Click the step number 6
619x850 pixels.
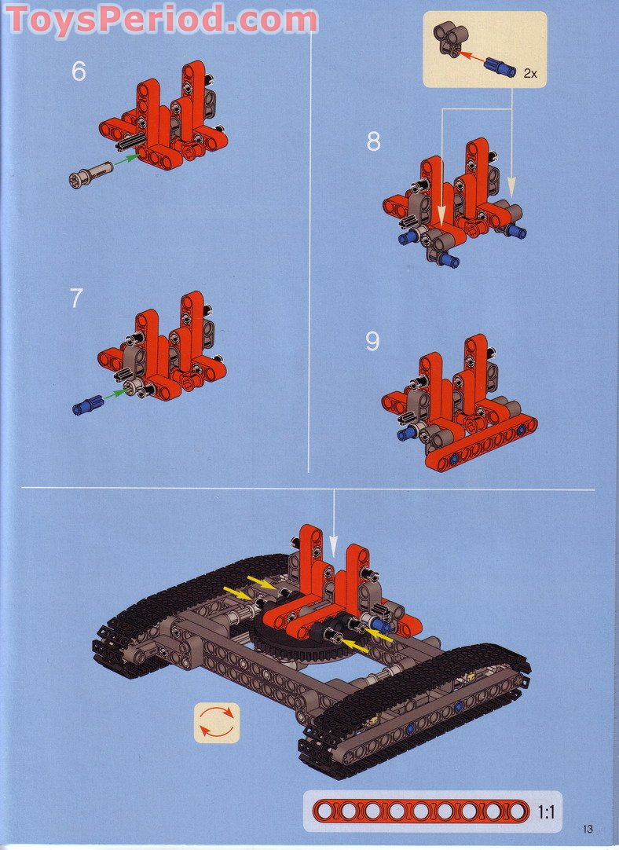pos(79,71)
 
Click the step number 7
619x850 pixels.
pos(76,299)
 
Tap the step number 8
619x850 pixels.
pos(373,141)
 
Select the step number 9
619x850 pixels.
pos(372,342)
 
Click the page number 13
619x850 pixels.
pos(588,829)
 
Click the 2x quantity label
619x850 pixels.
pos(530,73)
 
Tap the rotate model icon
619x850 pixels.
pos(216,721)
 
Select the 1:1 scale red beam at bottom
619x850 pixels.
pos(420,812)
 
